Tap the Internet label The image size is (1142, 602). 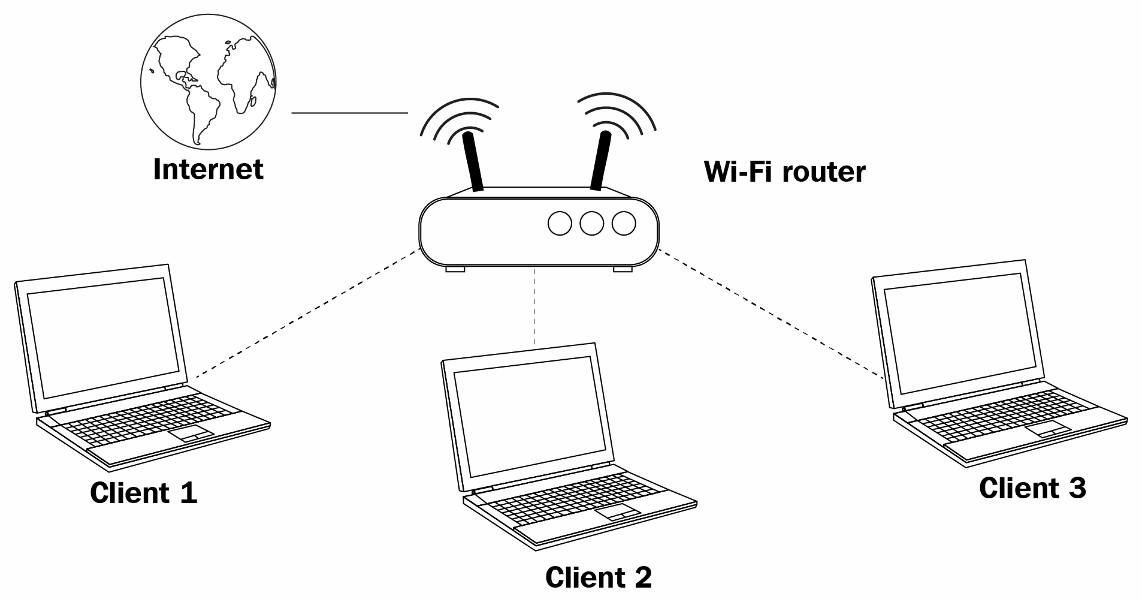(208, 169)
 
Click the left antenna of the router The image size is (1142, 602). (473, 161)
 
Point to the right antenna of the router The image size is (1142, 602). (601, 160)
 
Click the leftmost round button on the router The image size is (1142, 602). (560, 224)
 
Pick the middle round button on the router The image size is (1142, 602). (592, 224)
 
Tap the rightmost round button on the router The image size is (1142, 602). (624, 224)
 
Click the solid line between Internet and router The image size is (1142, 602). (349, 113)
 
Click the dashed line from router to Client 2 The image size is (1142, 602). (533, 307)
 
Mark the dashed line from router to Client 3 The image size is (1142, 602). (772, 314)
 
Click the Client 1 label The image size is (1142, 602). (143, 493)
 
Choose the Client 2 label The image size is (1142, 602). (598, 577)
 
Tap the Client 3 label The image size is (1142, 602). (1032, 487)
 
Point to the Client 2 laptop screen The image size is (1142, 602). (531, 416)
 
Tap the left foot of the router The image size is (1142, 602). (455, 269)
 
